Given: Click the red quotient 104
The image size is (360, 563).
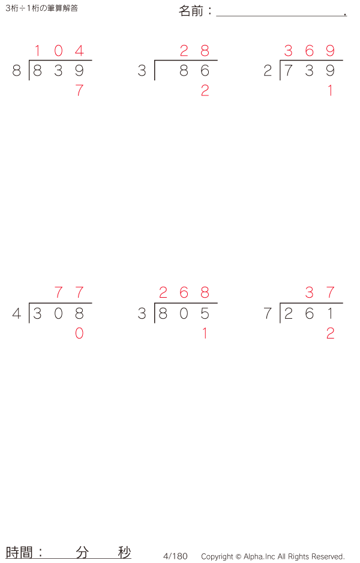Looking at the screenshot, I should [58, 51].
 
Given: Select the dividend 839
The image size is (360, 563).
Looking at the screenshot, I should [58, 71].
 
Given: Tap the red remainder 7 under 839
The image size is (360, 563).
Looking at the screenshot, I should [79, 91].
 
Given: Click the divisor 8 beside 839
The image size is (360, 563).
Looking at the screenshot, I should [16, 71].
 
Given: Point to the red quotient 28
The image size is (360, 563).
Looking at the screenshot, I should [194, 51].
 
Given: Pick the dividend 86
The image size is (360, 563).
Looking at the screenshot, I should [194, 71].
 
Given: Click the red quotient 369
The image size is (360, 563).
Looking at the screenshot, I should [309, 51].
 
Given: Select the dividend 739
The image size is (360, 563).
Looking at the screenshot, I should [309, 71].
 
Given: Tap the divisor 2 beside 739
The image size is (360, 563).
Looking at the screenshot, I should [268, 71].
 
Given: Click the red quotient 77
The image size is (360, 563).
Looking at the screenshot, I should [69, 293].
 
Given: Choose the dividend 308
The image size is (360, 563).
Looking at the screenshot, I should [58, 313].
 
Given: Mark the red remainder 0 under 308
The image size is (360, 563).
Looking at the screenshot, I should [79, 334].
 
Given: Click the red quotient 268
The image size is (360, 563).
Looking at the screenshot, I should [184, 293].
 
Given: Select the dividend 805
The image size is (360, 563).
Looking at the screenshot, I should [184, 313].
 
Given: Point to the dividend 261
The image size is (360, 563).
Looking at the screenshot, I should [309, 313].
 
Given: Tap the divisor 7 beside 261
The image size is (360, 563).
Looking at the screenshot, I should [268, 313].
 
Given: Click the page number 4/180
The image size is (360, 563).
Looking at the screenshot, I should [175, 556].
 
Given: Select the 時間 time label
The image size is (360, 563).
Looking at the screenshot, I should [20, 552].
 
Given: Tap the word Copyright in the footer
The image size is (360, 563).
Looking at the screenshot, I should [217, 556].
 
